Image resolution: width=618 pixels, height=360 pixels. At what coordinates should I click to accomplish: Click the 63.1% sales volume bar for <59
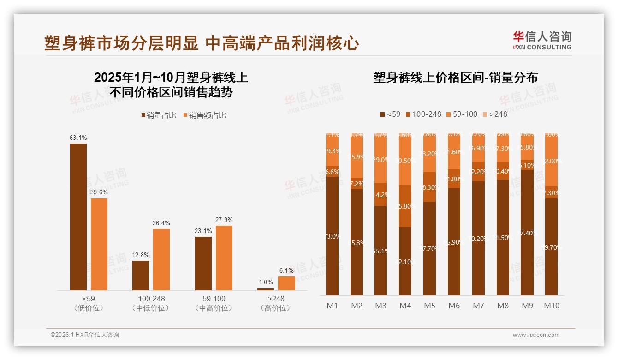[x=78, y=216]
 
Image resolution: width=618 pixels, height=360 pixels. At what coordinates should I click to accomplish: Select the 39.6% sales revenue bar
[x=99, y=244]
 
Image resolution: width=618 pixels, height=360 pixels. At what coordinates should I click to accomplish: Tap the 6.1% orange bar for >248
[x=286, y=283]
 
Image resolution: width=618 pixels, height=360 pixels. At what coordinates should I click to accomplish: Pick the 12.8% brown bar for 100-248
[x=141, y=275]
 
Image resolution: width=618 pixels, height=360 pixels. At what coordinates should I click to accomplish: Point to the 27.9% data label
[x=224, y=220]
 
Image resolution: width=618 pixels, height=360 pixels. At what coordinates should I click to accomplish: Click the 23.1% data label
[x=203, y=231]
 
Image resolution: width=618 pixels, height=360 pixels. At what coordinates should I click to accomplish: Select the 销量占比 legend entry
[x=159, y=115]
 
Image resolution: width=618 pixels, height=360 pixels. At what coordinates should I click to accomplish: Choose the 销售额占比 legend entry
[x=205, y=115]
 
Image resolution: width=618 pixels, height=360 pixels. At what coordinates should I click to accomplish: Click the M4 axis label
[x=405, y=306]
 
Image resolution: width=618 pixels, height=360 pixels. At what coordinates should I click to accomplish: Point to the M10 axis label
[x=552, y=306]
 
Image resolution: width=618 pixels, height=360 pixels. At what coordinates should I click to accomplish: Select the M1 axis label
[x=332, y=306]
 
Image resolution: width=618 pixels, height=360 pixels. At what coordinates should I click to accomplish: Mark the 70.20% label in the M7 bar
[x=479, y=239]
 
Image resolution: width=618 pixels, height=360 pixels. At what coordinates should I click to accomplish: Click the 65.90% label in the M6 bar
[x=454, y=242]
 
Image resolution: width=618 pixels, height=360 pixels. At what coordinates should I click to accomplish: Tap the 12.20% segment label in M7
[x=479, y=172]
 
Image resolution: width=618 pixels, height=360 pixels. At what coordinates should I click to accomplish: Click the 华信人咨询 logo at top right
[x=542, y=40]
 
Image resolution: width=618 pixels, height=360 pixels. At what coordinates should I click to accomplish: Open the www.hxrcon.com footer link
[x=536, y=335]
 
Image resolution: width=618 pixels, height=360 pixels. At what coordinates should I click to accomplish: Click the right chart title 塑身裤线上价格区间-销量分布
[x=455, y=78]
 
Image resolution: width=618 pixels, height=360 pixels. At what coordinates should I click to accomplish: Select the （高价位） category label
[x=276, y=308]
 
